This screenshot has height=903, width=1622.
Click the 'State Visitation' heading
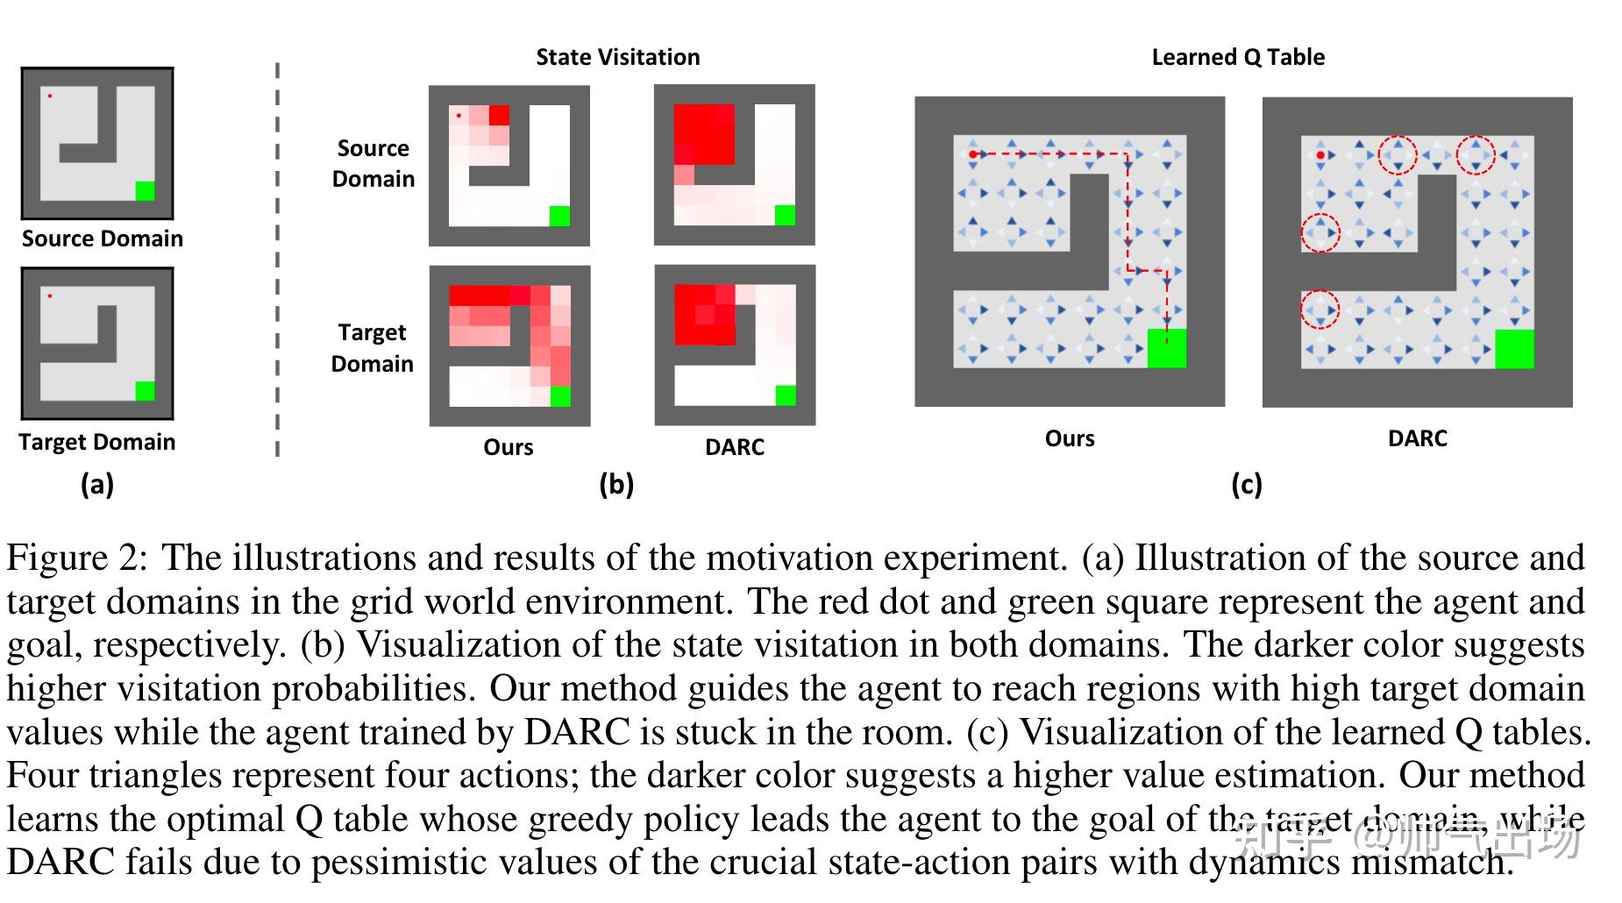click(617, 57)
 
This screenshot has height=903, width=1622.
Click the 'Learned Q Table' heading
click(1237, 57)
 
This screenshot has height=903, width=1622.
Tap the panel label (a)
click(96, 484)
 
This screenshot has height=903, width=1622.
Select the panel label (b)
click(615, 484)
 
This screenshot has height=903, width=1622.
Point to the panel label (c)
click(1246, 484)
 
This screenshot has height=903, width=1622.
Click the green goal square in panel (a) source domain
click(145, 190)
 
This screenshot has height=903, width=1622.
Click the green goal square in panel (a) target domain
click(145, 390)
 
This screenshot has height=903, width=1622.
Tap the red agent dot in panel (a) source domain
click(49, 96)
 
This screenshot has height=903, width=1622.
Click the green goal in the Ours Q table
click(1166, 348)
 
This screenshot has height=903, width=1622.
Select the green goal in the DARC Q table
click(1514, 349)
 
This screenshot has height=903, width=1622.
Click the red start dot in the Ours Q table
click(973, 154)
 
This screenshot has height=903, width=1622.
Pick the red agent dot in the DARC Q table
click(1320, 155)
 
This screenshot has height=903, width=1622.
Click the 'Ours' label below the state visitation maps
click(508, 447)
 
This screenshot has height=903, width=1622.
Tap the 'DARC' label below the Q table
click(1417, 438)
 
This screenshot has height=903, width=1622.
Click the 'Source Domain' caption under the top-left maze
click(102, 238)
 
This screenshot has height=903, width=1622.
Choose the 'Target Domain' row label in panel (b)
click(372, 348)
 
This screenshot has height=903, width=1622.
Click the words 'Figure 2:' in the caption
click(77, 558)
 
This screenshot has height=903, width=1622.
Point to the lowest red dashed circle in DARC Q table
click(1320, 309)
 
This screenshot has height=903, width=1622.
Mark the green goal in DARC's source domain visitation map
click(785, 215)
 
